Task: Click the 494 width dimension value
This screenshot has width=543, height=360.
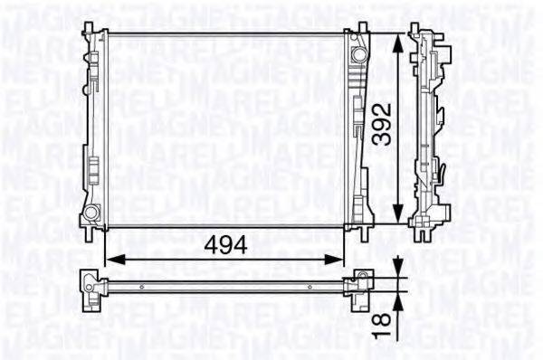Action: [x=224, y=243]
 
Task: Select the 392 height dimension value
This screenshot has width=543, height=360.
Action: [x=386, y=133]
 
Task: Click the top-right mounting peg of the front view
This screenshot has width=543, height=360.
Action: [x=362, y=25]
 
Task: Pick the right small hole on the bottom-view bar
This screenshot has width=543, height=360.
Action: [x=310, y=286]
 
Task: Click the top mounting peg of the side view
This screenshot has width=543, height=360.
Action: [x=422, y=26]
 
